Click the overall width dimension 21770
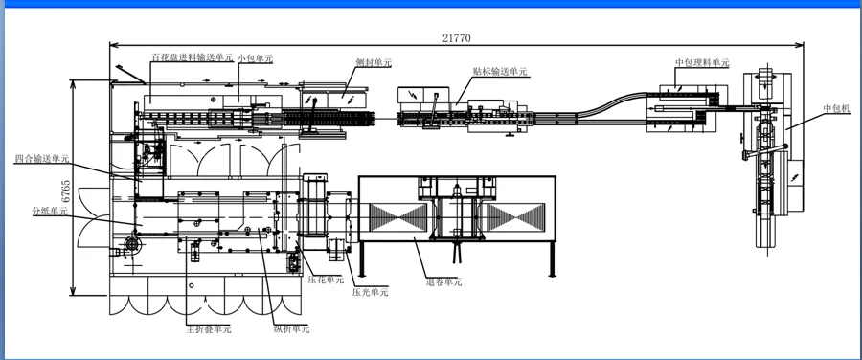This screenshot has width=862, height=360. coord(456,38)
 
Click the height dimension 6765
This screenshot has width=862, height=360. coord(65,192)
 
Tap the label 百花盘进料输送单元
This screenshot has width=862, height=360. coord(193,56)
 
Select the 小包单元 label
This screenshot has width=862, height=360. coord(255,57)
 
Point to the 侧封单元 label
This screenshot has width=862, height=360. coord(374,62)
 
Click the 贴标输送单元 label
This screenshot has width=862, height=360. coord(500,72)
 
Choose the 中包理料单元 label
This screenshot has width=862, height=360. coord(702,62)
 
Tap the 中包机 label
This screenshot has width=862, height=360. coord(837,109)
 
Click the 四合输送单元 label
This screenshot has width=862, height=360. coord(41,159)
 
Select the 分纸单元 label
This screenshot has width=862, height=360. coord(50,210)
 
